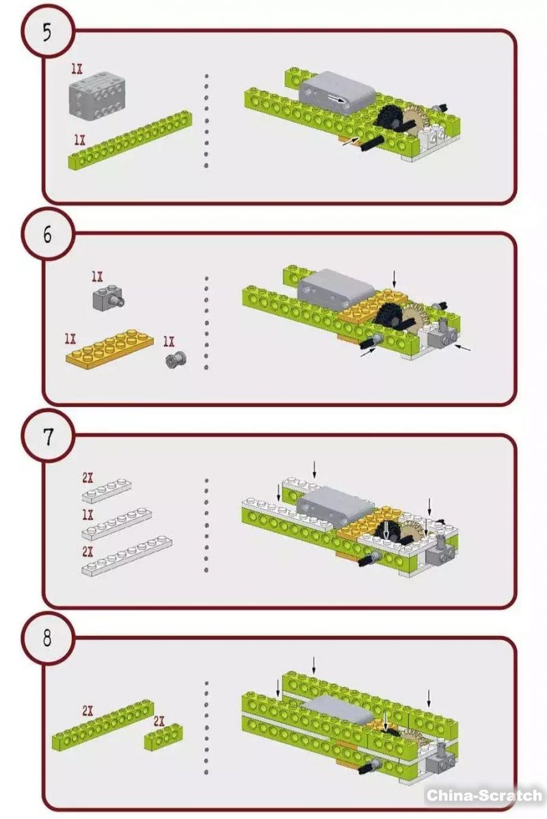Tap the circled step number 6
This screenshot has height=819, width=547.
46,235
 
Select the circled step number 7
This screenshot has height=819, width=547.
46,437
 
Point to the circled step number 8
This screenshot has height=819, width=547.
46,639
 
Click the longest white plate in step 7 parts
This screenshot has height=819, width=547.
126,556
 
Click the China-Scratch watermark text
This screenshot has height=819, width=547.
484,795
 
